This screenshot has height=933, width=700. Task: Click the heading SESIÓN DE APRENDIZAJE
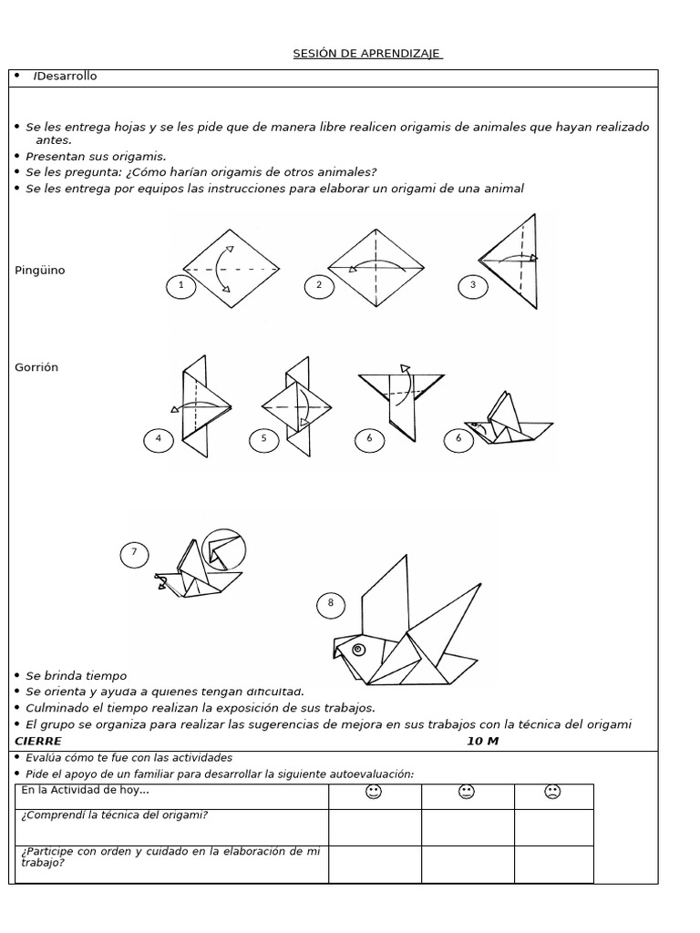pyautogui.click(x=367, y=54)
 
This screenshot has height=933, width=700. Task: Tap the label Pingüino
pyautogui.click(x=40, y=271)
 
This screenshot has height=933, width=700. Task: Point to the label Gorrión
pyautogui.click(x=36, y=367)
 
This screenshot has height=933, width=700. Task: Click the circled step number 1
pyautogui.click(x=181, y=286)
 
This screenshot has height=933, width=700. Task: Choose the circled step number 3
pyautogui.click(x=472, y=286)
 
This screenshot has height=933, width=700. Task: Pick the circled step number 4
pyautogui.click(x=159, y=439)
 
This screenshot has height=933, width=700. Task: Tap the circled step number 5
pyautogui.click(x=264, y=439)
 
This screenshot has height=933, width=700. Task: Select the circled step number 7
pyautogui.click(x=135, y=552)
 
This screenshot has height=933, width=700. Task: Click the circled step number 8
pyautogui.click(x=331, y=603)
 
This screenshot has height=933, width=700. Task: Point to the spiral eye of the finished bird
pyautogui.click(x=357, y=650)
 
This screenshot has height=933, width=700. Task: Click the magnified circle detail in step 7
pyautogui.click(x=223, y=550)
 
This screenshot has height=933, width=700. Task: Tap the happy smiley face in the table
pyautogui.click(x=373, y=792)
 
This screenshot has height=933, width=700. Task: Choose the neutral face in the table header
pyautogui.click(x=467, y=792)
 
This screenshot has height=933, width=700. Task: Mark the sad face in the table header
pyautogui.click(x=552, y=792)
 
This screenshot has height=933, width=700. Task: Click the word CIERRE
pyautogui.click(x=39, y=741)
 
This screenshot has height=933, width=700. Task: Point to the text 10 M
pyautogui.click(x=482, y=741)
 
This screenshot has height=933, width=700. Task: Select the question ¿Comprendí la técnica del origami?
pyautogui.click(x=114, y=815)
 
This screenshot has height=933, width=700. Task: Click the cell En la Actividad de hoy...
pyautogui.click(x=85, y=791)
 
